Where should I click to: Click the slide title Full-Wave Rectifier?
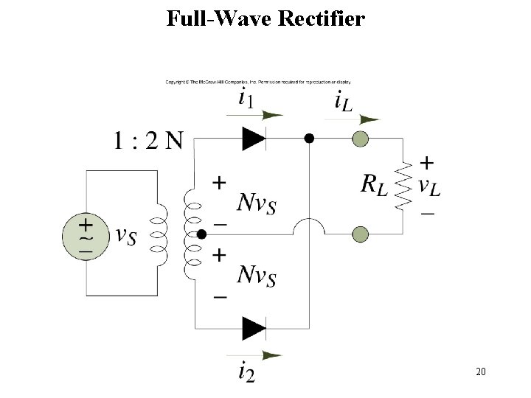click(x=265, y=18)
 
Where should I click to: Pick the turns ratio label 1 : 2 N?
click(x=147, y=140)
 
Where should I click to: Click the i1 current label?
click(x=249, y=97)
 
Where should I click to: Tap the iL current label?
click(x=343, y=100)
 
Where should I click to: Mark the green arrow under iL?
click(x=361, y=118)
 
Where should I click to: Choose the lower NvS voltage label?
click(x=257, y=274)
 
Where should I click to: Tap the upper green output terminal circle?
click(x=360, y=138)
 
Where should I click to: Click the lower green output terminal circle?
click(x=360, y=234)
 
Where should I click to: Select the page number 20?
click(x=481, y=371)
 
